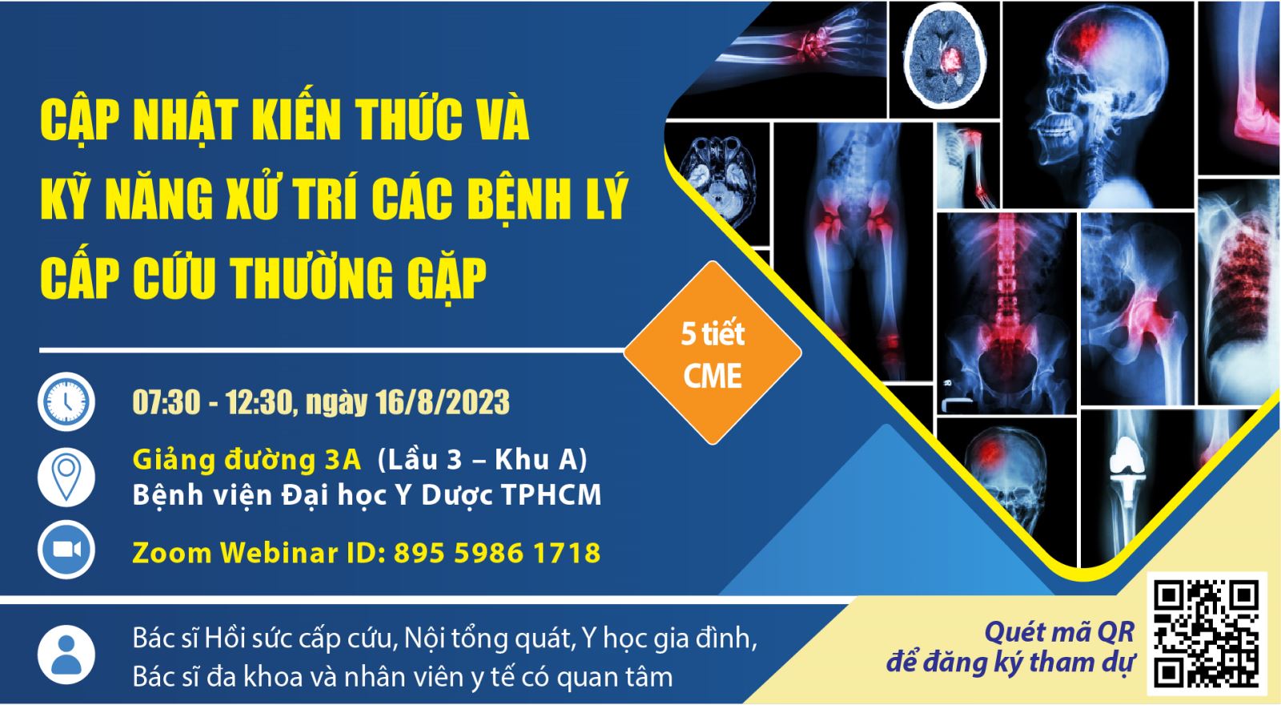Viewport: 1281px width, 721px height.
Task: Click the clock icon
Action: pos(66,401)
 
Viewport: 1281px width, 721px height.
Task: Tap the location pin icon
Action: pos(66,477)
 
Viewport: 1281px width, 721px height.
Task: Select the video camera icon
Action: pos(66,550)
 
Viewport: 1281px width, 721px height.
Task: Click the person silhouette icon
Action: pos(66,655)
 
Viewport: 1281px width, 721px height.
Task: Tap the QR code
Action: pos(1207,634)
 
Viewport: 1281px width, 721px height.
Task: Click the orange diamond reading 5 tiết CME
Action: pos(713,353)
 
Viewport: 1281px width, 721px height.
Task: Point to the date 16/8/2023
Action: pos(442,402)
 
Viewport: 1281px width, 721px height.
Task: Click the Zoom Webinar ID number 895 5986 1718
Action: pos(497,554)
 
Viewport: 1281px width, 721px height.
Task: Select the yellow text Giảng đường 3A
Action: pos(247,461)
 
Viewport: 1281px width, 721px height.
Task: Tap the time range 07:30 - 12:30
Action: pos(213,402)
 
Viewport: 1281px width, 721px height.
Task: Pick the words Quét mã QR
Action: pos(1059,632)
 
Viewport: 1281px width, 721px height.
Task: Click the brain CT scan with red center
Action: pos(945,59)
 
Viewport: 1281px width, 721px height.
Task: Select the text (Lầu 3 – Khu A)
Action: pos(482,460)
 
